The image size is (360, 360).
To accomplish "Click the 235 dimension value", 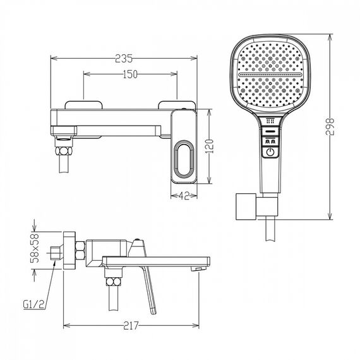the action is click(124, 59).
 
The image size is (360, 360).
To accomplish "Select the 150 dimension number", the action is click(130, 74).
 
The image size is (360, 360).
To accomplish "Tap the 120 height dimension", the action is click(210, 147).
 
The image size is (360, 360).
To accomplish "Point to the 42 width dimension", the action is click(184, 196).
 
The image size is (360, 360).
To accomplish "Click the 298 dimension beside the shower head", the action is click(330, 126).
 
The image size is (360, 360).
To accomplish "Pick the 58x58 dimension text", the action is click(35, 248).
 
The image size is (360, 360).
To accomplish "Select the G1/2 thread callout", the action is click(33, 304).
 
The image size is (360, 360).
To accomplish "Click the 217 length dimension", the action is click(131, 325).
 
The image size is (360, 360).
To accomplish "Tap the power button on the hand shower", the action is click(270, 152).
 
